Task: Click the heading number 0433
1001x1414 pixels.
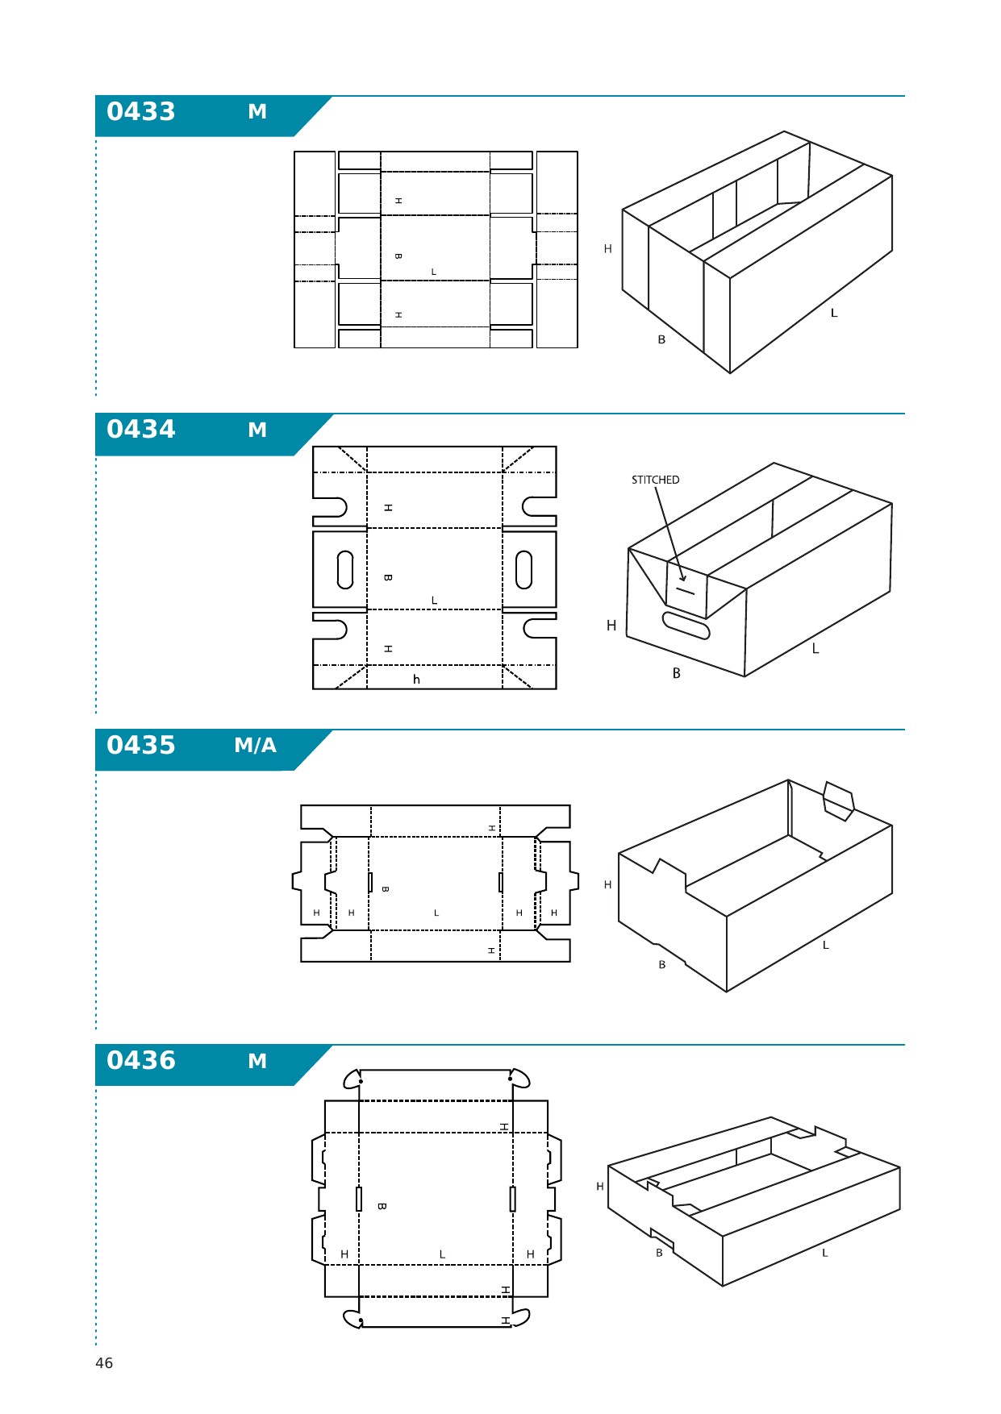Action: click(141, 111)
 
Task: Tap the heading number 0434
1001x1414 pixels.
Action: click(141, 429)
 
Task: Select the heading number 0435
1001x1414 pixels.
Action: click(141, 745)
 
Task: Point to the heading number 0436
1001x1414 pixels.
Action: click(141, 1060)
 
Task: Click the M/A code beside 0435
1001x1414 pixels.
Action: click(255, 745)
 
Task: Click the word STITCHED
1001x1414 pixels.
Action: click(655, 480)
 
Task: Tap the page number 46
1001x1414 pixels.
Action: click(104, 1363)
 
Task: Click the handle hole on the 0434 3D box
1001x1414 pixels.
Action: click(686, 626)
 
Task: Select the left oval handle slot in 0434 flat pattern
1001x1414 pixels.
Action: click(345, 570)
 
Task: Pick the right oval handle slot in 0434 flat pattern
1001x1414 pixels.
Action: click(523, 570)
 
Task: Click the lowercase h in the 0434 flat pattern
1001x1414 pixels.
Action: click(416, 680)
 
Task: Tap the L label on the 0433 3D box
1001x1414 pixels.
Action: click(834, 313)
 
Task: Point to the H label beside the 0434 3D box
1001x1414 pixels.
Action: click(611, 626)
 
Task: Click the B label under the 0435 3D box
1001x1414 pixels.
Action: click(662, 965)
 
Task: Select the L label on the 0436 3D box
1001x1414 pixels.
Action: click(825, 1254)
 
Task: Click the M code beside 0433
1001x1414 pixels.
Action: click(257, 111)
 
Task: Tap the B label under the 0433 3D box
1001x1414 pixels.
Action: click(661, 340)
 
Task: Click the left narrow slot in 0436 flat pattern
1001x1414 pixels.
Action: click(359, 1199)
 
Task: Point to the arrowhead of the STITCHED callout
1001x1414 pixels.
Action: click(682, 577)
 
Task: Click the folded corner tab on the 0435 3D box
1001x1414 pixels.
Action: click(839, 801)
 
